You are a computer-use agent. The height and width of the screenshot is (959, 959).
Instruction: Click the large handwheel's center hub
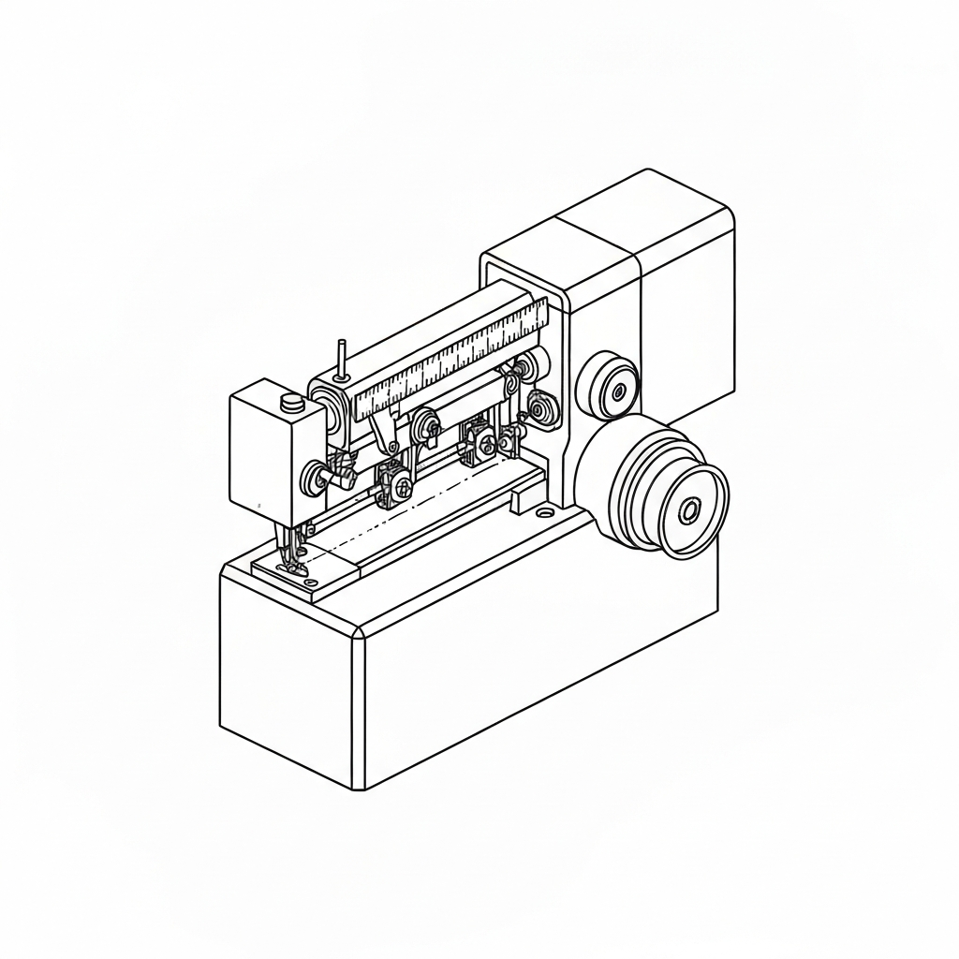click(689, 511)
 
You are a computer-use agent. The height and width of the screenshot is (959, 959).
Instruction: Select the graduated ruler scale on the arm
click(450, 361)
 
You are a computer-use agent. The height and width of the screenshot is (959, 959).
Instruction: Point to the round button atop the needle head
click(291, 403)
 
